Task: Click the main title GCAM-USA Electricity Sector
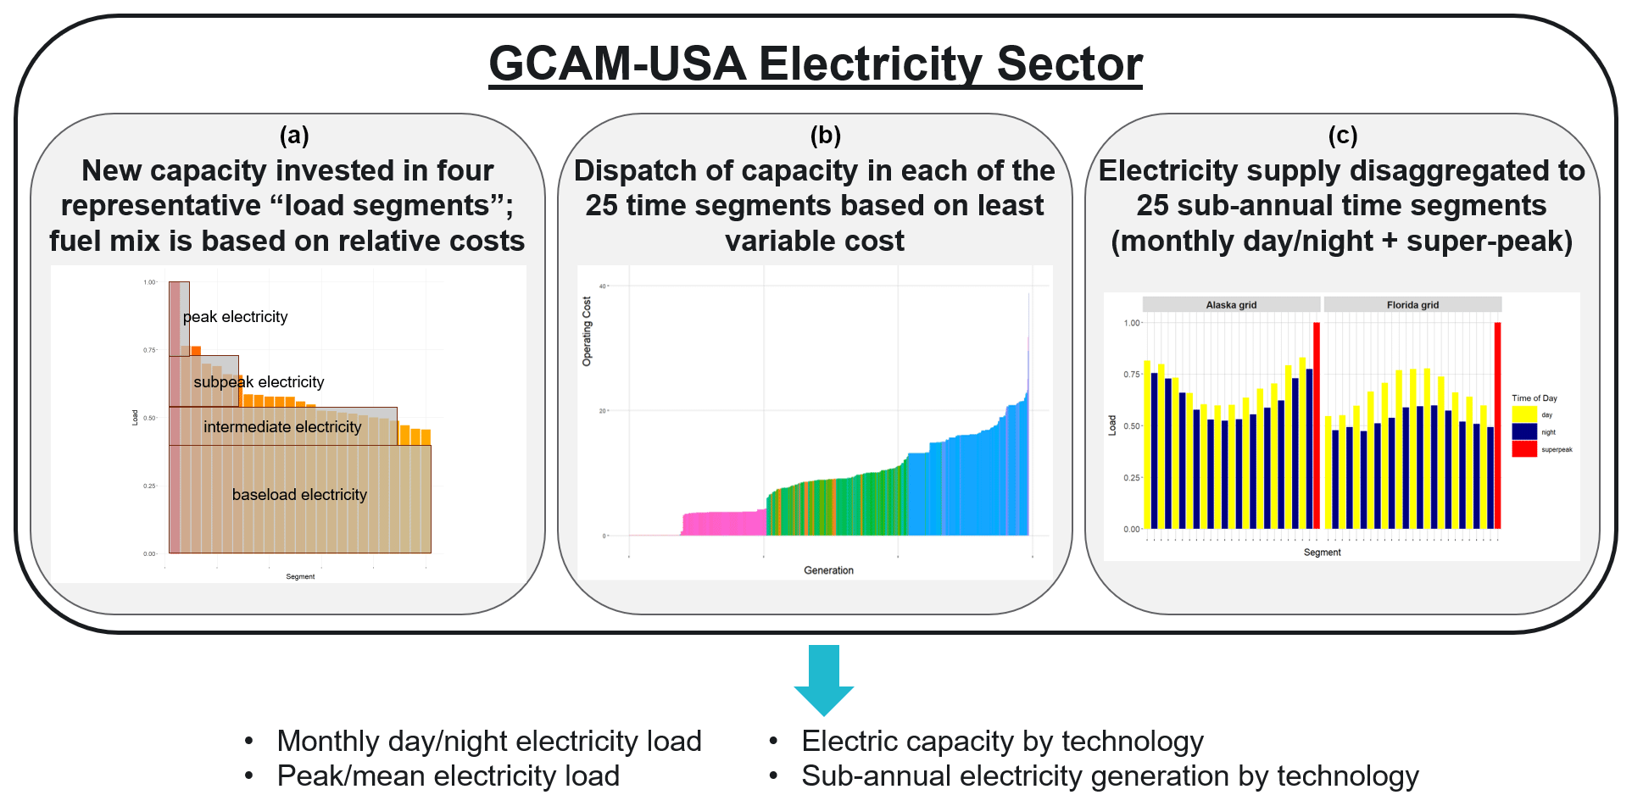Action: coord(816,64)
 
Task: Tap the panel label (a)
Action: coord(294,135)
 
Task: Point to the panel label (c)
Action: coord(1343,135)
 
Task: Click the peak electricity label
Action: coord(235,317)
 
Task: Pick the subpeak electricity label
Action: coord(259,382)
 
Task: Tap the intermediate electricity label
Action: coord(282,427)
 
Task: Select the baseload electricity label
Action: coord(299,495)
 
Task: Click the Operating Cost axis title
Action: coord(587,331)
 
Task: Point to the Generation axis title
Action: coord(828,570)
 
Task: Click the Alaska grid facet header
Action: coord(1231,305)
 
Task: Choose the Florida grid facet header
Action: coord(1412,305)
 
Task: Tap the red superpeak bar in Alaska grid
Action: coord(1317,425)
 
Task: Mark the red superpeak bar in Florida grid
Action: coord(1497,425)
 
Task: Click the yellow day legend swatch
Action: coord(1524,414)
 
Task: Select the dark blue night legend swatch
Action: coord(1524,432)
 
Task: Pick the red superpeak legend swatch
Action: coord(1524,449)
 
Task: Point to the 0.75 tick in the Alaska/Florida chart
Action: coord(1132,375)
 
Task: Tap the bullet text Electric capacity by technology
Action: coord(1002,742)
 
